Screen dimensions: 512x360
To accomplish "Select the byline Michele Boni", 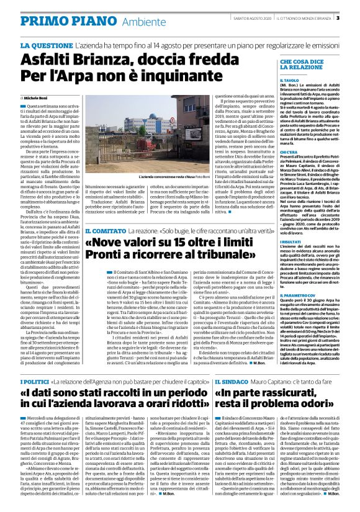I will click(x=37, y=99).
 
